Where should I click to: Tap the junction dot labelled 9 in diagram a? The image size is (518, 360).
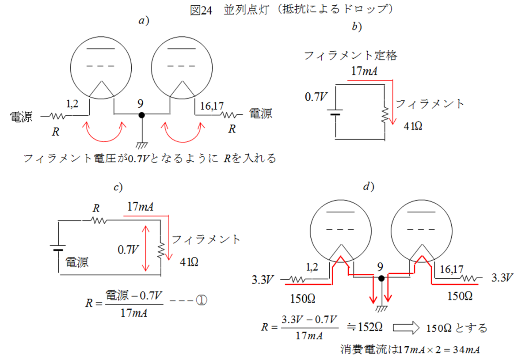pos(141,115)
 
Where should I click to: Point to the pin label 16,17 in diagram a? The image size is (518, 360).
pos(212,106)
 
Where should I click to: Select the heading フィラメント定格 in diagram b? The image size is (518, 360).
pos(350,56)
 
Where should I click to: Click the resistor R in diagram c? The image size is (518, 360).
pos(97,220)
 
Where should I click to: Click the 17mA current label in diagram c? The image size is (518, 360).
pos(140,206)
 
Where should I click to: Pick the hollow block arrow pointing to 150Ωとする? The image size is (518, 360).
pos(405,327)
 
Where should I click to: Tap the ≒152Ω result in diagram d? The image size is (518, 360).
pos(365,327)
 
